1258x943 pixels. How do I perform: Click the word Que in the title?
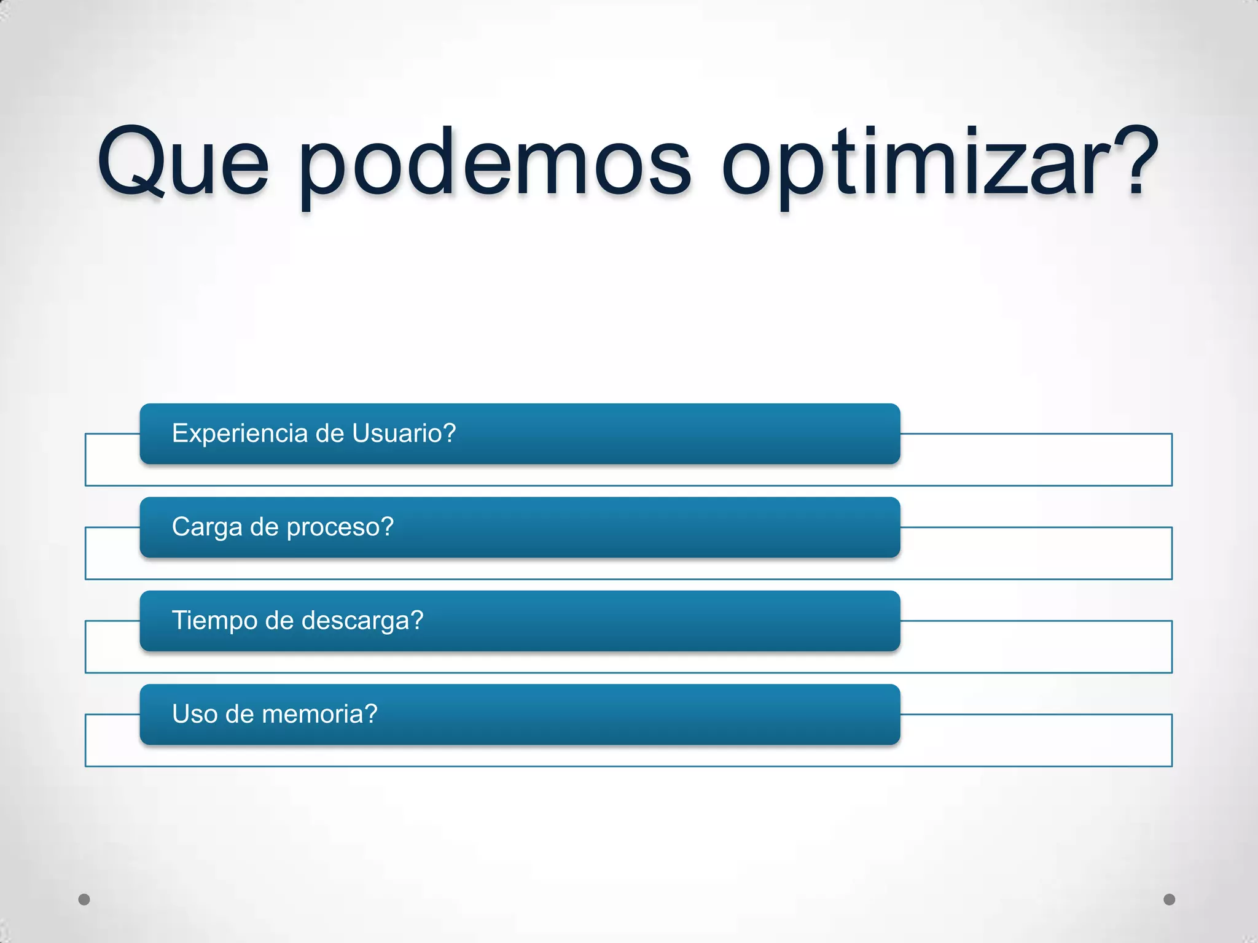(x=183, y=163)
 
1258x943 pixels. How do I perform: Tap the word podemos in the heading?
(x=495, y=163)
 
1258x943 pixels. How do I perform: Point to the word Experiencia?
(x=240, y=433)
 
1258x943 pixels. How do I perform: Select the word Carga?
(x=207, y=527)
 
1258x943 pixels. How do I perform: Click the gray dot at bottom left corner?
(x=84, y=899)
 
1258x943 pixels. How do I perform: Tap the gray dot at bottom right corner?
(x=1170, y=899)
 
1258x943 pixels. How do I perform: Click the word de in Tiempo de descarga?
(x=279, y=621)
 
